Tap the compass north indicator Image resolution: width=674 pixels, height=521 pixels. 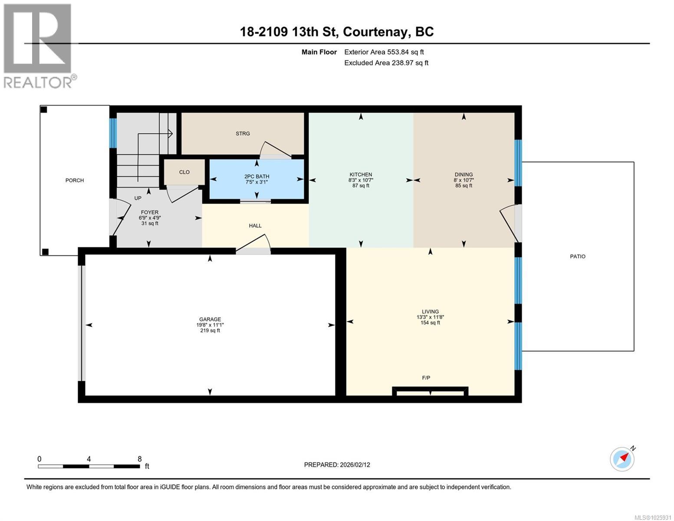pos(622,459)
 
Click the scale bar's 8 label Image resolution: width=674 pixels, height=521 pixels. pos(139,459)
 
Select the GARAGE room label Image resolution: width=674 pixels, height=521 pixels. pos(210,319)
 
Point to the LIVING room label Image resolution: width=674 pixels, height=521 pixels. pos(430,311)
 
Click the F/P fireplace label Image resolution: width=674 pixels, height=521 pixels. pos(426,378)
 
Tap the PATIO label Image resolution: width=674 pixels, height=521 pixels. pos(577,257)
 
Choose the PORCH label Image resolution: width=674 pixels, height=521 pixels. pos(75,180)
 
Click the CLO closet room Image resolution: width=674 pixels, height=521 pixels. pos(184,172)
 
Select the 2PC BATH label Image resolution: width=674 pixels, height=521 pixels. pos(256,176)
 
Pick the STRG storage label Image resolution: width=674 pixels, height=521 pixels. pos(243,134)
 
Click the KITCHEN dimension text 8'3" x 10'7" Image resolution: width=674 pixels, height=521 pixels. pos(361,180)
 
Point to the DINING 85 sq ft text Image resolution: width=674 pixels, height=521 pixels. pos(464,186)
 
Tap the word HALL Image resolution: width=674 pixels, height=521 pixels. pos(255,226)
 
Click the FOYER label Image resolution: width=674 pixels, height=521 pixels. pos(149,212)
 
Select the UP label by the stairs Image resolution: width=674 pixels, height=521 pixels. pos(138,198)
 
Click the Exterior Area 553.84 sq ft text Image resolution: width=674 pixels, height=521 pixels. pos(384,52)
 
